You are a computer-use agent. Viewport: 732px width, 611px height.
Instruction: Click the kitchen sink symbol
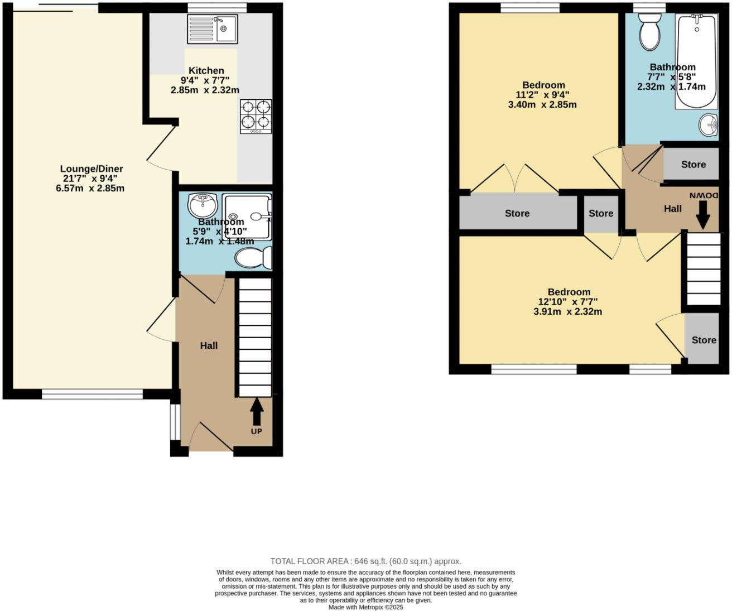click(213, 29)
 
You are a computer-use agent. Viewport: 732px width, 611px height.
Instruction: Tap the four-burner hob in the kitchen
click(256, 116)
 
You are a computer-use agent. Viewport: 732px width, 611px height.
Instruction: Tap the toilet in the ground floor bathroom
click(253, 258)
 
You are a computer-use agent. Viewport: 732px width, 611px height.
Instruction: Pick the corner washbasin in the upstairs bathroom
click(709, 124)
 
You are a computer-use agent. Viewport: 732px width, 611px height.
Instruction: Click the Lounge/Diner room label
click(92, 169)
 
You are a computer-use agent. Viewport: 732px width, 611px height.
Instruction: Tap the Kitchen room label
click(206, 71)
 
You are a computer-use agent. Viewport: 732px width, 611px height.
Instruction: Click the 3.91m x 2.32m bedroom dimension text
click(567, 312)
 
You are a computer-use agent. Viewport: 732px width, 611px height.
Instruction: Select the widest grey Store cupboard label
click(517, 213)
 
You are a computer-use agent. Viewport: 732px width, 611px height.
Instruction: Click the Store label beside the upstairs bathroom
click(693, 165)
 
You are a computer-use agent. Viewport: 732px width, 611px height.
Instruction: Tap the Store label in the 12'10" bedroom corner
click(704, 340)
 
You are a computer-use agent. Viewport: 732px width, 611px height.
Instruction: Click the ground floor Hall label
click(209, 346)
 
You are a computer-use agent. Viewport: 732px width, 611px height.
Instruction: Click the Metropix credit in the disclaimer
click(365, 607)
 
